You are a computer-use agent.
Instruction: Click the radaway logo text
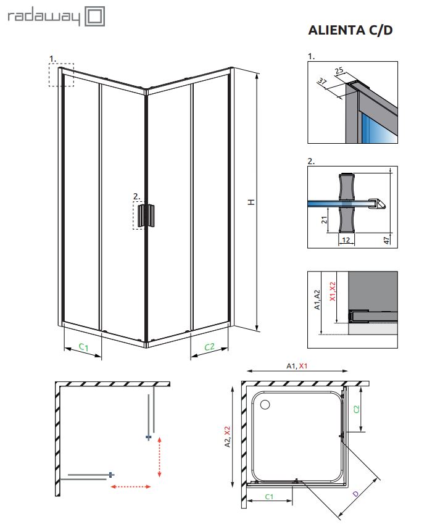click(43, 17)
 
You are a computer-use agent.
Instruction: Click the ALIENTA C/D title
click(350, 30)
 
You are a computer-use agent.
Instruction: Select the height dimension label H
click(251, 202)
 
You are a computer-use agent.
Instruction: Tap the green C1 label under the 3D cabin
click(83, 347)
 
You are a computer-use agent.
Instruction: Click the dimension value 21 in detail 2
click(325, 220)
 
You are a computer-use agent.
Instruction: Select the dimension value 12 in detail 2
click(346, 239)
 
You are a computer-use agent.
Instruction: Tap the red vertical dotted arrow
click(160, 456)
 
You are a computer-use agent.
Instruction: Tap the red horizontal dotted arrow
click(131, 487)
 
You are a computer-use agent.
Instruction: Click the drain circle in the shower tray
click(266, 405)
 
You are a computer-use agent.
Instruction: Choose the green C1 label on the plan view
click(270, 496)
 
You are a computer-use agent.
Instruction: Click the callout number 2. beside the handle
click(137, 197)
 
